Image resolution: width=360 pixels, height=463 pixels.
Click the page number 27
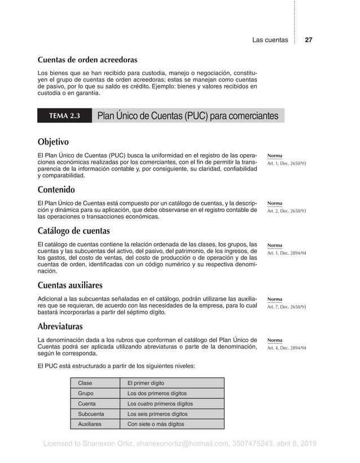pyautogui.click(x=309, y=40)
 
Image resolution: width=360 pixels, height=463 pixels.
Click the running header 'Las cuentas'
pyautogui.click(x=270, y=40)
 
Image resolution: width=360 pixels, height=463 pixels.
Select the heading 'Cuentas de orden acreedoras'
pyautogui.click(x=87, y=59)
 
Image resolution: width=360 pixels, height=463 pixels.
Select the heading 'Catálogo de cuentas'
pyautogui.click(x=73, y=231)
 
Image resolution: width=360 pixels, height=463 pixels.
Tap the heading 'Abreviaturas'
pyautogui.click(x=60, y=326)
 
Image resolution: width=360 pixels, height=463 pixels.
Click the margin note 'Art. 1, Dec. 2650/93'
pyautogui.click(x=287, y=164)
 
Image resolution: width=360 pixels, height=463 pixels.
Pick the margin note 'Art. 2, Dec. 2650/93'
pyautogui.click(x=287, y=211)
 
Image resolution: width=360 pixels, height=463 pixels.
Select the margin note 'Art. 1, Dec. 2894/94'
pyautogui.click(x=287, y=254)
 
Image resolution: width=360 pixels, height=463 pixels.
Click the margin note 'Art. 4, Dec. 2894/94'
pyautogui.click(x=287, y=348)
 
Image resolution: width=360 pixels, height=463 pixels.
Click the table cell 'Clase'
pyautogui.click(x=85, y=383)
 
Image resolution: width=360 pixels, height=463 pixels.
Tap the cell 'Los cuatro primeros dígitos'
pyautogui.click(x=160, y=404)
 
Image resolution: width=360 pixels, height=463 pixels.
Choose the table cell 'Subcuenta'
pyautogui.click(x=91, y=414)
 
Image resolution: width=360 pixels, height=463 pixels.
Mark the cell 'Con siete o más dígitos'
pyautogui.click(x=156, y=424)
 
